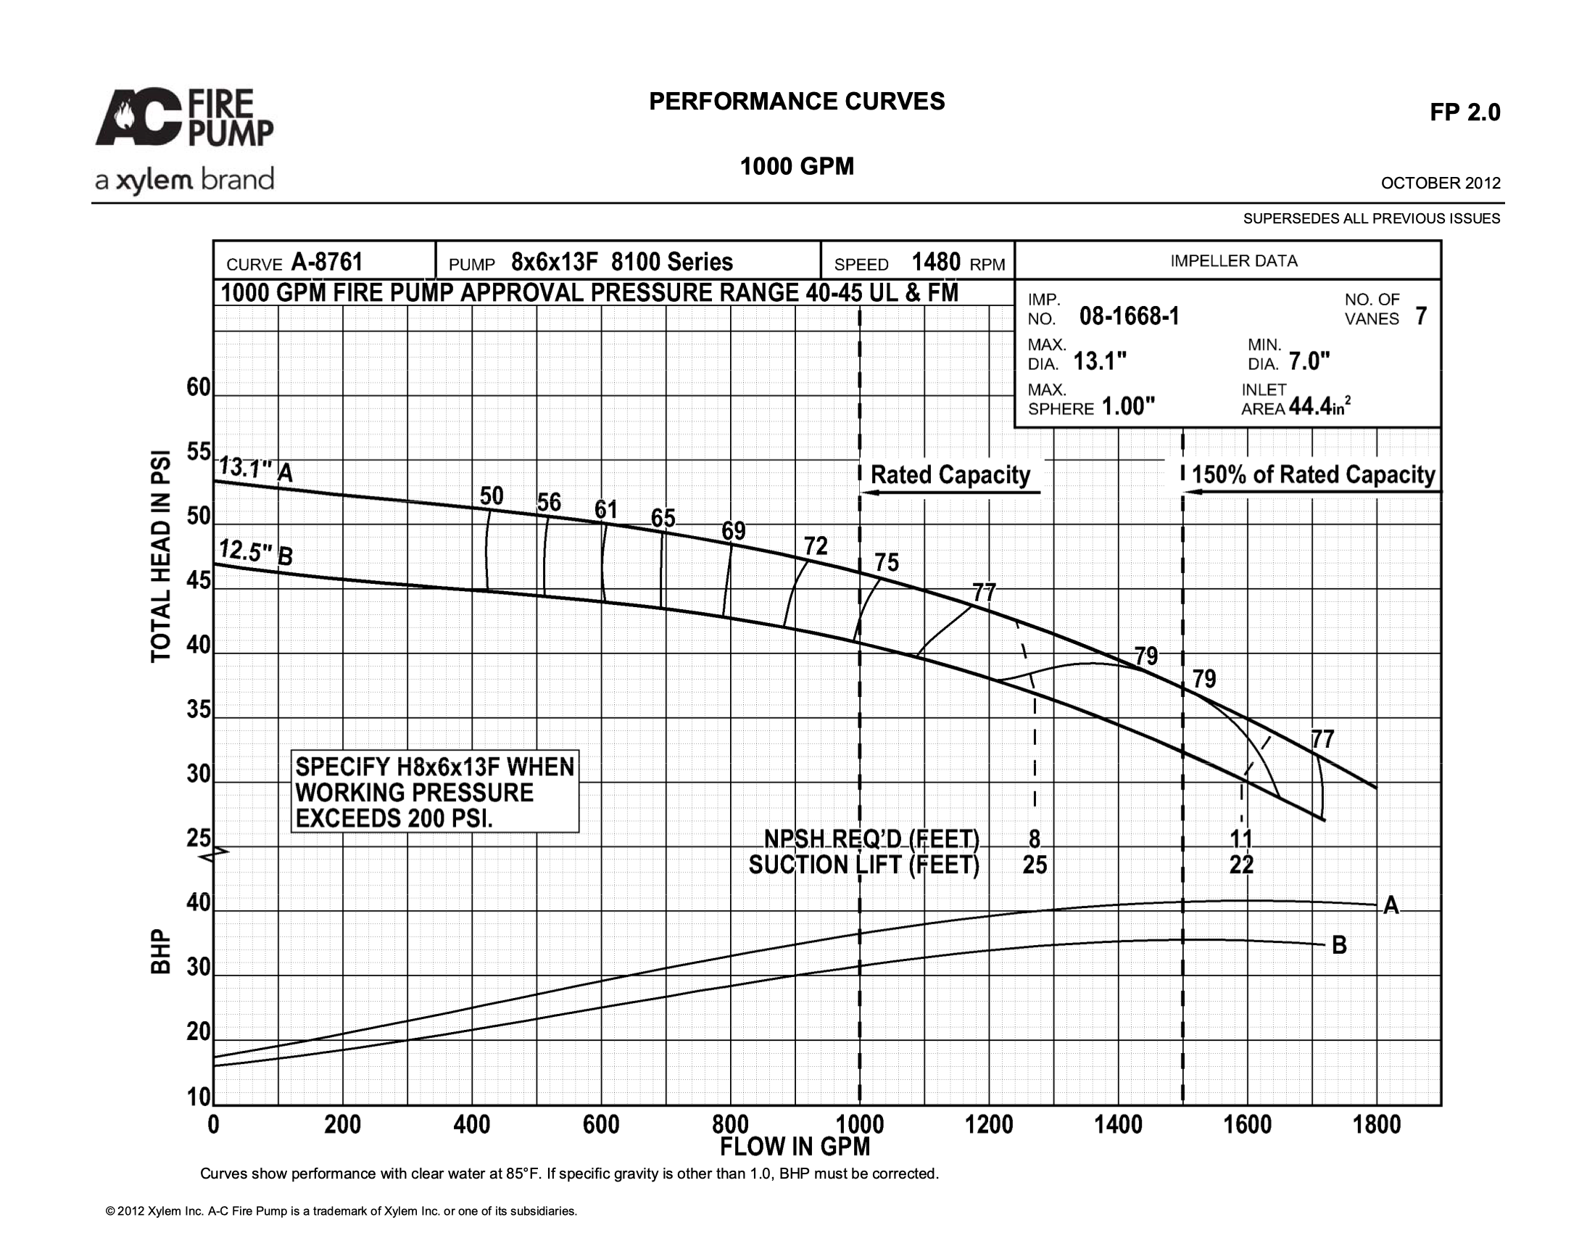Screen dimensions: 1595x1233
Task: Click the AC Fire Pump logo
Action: pyautogui.click(x=185, y=117)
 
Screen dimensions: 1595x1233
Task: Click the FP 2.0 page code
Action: pyautogui.click(x=1465, y=112)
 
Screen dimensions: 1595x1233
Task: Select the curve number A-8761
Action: pyautogui.click(x=326, y=263)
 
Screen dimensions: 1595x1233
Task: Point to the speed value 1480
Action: pyautogui.click(x=935, y=263)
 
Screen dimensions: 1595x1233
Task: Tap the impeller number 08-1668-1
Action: pyautogui.click(x=1129, y=316)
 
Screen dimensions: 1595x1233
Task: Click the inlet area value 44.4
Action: pyautogui.click(x=1310, y=406)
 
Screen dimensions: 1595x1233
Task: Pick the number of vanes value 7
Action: pyautogui.click(x=1421, y=316)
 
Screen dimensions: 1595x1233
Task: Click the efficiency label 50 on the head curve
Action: pyautogui.click(x=492, y=496)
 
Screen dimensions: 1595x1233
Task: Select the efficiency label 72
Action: pyautogui.click(x=816, y=545)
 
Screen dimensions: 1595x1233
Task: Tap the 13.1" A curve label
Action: pyautogui.click(x=257, y=469)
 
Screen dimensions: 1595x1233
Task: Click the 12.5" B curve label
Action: pyautogui.click(x=257, y=553)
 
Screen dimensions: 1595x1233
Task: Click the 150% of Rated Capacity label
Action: pyautogui.click(x=1313, y=475)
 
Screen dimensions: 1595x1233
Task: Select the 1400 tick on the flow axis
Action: pyautogui.click(x=1118, y=1124)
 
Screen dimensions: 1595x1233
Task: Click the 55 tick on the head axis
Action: pyautogui.click(x=199, y=452)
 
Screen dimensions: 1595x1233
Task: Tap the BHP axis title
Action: pyautogui.click(x=161, y=951)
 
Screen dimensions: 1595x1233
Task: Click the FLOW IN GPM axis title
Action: pyautogui.click(x=795, y=1147)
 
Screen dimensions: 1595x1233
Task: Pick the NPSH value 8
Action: pyautogui.click(x=1034, y=838)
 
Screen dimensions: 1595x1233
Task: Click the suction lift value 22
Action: pyautogui.click(x=1241, y=865)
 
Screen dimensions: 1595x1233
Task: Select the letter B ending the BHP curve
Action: pyautogui.click(x=1339, y=945)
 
